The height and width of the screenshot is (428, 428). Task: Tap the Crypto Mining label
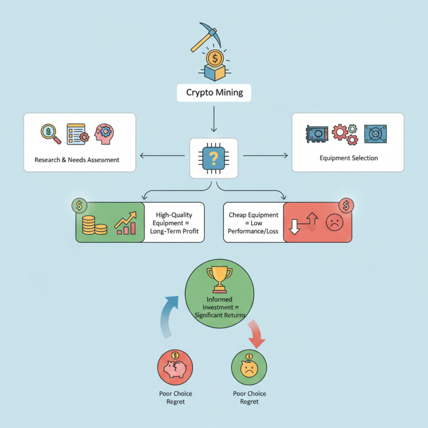[x=214, y=93]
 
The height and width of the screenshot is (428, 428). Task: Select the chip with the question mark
[x=214, y=158]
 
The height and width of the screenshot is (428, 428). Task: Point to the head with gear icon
[x=104, y=134]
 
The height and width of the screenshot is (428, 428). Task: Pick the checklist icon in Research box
[x=76, y=134]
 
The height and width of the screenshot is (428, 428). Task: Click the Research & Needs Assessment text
[x=77, y=159]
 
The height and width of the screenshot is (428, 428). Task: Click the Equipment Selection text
[x=349, y=158]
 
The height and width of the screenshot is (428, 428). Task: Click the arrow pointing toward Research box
[x=163, y=156]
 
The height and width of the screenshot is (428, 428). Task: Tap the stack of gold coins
[x=94, y=225]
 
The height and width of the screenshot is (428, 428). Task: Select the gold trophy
[x=219, y=278]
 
